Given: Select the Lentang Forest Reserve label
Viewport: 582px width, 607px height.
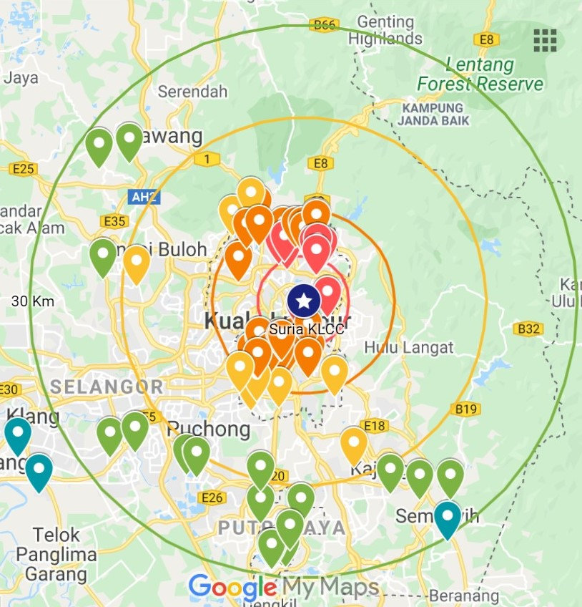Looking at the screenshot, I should point(480,74).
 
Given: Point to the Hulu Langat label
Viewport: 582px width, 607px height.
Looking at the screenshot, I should point(409,348).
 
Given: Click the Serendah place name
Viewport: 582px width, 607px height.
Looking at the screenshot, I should point(192,92).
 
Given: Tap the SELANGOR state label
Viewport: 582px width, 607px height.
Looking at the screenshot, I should point(107,387).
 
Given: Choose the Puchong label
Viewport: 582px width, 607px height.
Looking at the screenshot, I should point(209,429).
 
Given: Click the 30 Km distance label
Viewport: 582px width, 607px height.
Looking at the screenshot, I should point(33,301).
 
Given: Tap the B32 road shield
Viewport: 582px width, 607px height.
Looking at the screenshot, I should point(529,329).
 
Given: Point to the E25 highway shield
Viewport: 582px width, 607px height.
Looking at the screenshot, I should point(24,169).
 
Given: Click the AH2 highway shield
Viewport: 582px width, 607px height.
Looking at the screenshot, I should point(142,196).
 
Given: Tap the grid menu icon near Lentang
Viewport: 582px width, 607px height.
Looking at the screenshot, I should point(546,41).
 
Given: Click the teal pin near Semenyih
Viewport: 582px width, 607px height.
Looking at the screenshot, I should point(448,518).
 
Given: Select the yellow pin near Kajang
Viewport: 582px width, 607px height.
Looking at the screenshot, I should point(353,443).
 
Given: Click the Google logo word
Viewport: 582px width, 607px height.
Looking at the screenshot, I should point(232,588).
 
